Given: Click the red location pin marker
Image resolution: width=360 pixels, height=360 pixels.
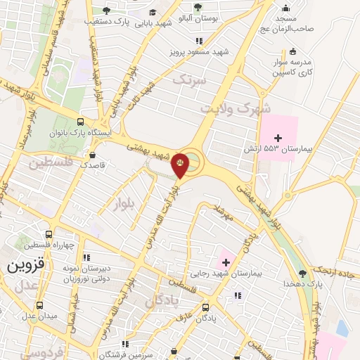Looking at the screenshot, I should pos(181,165).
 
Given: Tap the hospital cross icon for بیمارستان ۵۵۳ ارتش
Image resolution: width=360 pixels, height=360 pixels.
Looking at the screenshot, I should pos(277,137).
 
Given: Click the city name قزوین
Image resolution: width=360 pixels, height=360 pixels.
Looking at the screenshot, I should pos(26,267).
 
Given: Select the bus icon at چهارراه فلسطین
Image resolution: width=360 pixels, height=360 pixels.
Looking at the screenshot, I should pos(49,235).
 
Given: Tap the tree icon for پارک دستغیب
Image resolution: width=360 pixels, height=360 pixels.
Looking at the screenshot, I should pos(106,11).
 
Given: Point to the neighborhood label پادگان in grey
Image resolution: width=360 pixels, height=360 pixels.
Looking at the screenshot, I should pos(163,302).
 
